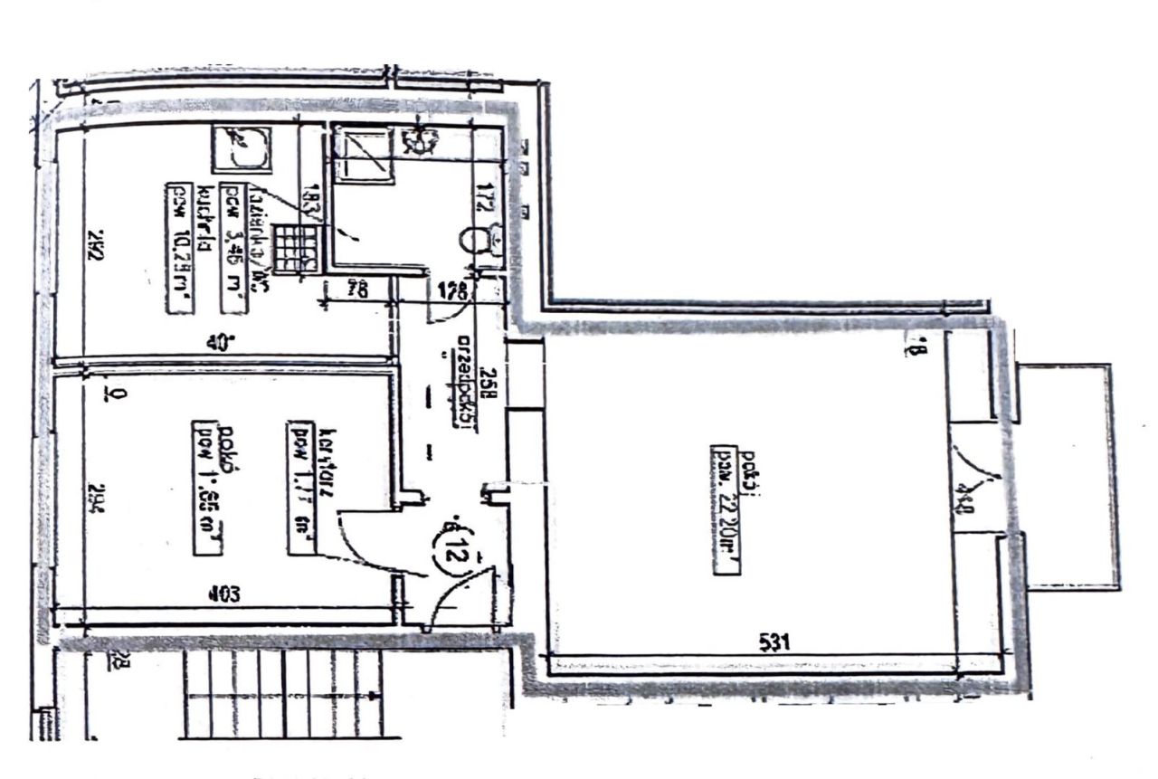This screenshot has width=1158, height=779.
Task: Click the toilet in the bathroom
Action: [x=473, y=241]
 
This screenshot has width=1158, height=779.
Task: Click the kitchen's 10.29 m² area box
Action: [x=182, y=247]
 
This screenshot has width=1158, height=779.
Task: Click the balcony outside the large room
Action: [x=1068, y=475]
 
